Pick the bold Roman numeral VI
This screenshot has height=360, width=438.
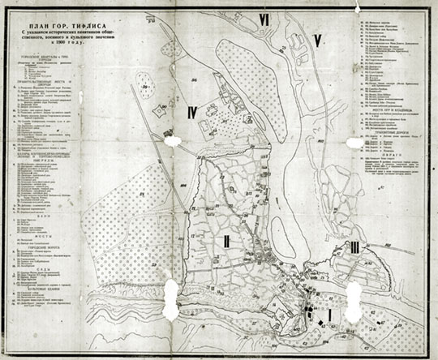264,18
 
